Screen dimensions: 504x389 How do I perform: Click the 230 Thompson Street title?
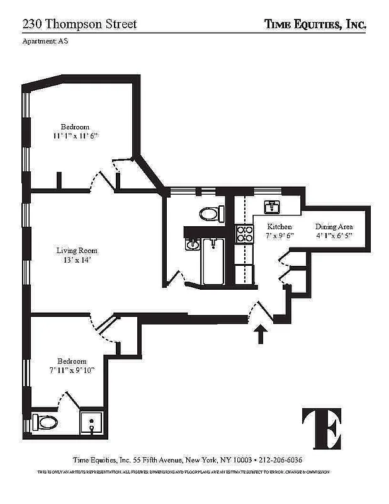79,24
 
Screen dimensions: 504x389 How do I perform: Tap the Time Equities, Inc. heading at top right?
315,24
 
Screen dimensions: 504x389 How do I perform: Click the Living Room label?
77,250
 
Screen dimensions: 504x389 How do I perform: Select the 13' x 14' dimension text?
77,260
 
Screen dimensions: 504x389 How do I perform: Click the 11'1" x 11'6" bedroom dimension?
76,135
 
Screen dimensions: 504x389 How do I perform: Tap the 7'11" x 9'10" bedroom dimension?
71,370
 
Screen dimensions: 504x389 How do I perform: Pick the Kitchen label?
279,227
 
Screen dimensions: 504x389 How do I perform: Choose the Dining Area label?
334,227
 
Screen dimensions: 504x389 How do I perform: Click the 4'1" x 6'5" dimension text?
334,236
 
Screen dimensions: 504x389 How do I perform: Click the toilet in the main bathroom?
211,214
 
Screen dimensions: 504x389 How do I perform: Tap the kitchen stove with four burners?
244,234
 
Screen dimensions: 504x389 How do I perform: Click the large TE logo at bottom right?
322,427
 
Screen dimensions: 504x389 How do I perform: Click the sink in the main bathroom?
194,244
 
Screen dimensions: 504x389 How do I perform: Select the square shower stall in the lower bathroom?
93,423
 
